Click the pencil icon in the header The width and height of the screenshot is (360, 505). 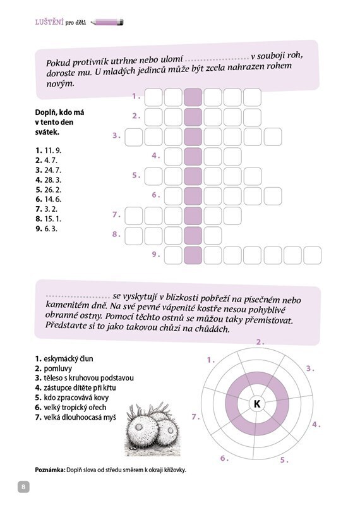[107, 22]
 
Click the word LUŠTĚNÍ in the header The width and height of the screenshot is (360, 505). [49, 22]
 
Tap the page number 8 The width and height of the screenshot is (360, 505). [23, 487]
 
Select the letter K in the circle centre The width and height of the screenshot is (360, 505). [256, 403]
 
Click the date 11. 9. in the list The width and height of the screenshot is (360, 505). [53, 150]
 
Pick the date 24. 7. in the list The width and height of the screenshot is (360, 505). [53, 170]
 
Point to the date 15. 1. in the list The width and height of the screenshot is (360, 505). [53, 219]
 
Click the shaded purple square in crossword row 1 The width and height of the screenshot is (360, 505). [193, 97]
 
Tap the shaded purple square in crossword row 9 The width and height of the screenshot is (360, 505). [193, 255]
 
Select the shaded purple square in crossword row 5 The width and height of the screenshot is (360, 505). [193, 176]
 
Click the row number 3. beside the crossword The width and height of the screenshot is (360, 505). [116, 136]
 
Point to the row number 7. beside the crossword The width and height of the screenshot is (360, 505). [116, 214]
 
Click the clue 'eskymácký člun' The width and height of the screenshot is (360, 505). [68, 359]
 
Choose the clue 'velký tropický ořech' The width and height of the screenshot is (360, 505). [75, 408]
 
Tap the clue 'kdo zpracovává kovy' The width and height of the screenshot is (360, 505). [76, 398]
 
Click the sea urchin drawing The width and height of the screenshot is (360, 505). [152, 429]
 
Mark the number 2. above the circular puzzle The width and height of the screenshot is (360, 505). [260, 342]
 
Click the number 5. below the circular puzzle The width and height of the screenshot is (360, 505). [284, 460]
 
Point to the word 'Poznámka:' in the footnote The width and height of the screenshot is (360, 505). [50, 470]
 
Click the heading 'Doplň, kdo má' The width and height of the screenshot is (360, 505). [59, 113]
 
